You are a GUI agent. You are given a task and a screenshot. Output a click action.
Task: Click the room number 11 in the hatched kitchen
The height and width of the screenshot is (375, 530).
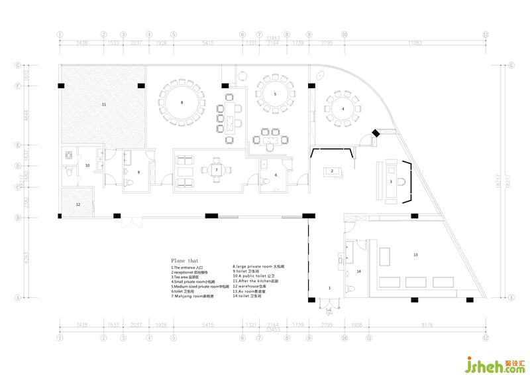[x=104, y=105]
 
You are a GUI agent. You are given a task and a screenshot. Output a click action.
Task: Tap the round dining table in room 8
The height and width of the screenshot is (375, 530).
[x=182, y=103]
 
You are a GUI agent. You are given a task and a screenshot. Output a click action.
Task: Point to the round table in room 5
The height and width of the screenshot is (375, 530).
[x=275, y=94]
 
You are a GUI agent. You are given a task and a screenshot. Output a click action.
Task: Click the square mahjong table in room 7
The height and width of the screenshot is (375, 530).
[x=216, y=170]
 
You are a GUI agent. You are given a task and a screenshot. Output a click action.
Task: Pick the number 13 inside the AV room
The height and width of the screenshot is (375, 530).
[x=415, y=254]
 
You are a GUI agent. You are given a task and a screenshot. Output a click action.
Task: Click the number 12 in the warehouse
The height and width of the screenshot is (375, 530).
[x=78, y=204]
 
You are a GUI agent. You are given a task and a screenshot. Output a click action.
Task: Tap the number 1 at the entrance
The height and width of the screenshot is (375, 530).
[x=329, y=287]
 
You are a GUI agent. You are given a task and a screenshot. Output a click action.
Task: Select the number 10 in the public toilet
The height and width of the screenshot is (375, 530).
[x=87, y=165]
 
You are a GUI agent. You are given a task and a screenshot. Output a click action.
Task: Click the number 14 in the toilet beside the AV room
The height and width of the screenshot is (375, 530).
[x=358, y=271]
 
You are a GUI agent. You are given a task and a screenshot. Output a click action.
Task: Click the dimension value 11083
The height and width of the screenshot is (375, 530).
[x=415, y=42]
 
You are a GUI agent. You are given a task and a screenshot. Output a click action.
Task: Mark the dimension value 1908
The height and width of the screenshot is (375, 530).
[x=356, y=325]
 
